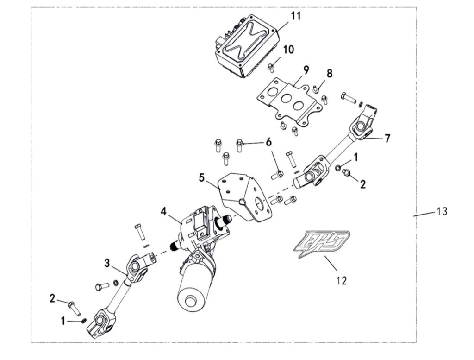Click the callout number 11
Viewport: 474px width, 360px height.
[x=295, y=16]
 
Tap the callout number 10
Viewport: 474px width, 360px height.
[x=288, y=49]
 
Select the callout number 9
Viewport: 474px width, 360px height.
[x=306, y=70]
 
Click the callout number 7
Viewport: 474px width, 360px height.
[x=387, y=138]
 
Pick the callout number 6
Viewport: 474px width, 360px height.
[x=268, y=142]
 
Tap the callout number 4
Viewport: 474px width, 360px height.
[x=164, y=212]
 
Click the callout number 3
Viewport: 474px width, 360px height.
[x=107, y=263]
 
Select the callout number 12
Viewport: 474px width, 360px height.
[x=341, y=280]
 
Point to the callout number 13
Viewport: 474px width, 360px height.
[x=442, y=212]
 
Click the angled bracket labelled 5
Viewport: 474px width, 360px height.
[x=243, y=197]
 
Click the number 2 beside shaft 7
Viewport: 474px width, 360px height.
[x=362, y=184]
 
